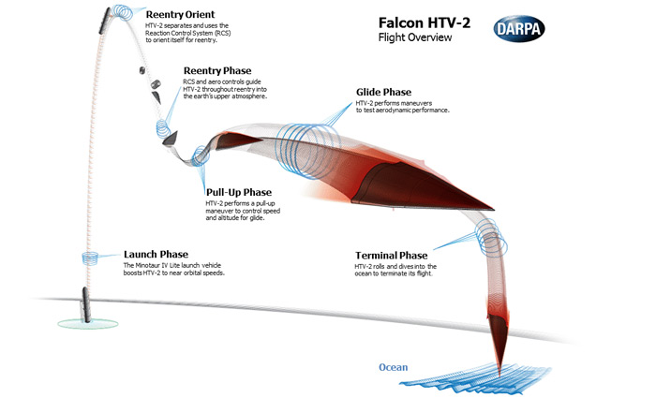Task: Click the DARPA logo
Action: click(519, 29)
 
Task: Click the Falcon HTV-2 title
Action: click(425, 22)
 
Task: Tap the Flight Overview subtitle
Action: click(415, 37)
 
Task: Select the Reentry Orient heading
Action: click(180, 15)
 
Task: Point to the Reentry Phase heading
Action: click(217, 70)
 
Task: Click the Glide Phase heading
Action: click(383, 92)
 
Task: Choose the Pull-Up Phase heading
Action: click(238, 192)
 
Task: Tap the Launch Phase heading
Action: click(156, 254)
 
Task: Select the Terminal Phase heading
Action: click(391, 256)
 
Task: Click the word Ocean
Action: click(393, 367)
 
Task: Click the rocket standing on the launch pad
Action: click(86, 304)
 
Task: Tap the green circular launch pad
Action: click(87, 323)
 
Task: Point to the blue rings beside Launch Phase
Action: click(90, 258)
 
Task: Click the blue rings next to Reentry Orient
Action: click(123, 12)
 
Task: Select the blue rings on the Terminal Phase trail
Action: click(492, 237)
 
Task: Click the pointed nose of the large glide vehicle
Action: click(494, 209)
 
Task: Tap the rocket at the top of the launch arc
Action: click(105, 21)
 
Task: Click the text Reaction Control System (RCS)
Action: click(187, 33)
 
